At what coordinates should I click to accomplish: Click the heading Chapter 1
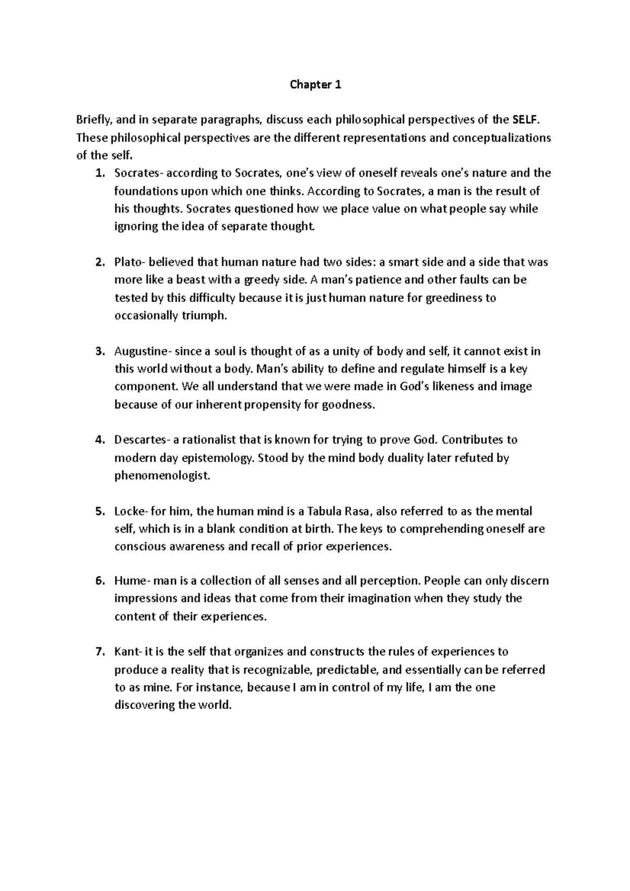point(316,84)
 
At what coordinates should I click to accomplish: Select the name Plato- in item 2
point(129,262)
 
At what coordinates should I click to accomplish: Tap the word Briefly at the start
point(93,120)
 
